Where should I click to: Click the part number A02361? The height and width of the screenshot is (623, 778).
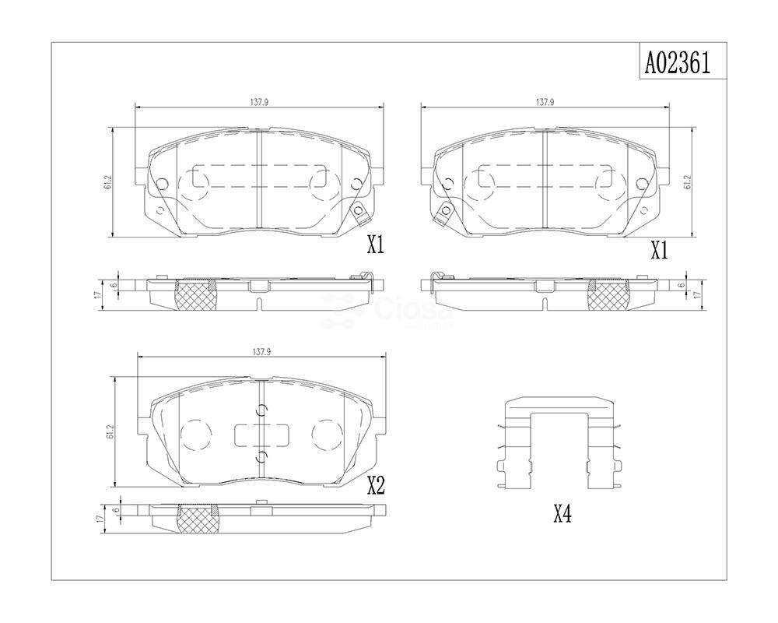[x=678, y=63]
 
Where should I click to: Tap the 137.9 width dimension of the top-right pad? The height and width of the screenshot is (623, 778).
[x=545, y=102]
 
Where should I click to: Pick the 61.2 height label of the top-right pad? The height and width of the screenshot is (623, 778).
[x=687, y=181]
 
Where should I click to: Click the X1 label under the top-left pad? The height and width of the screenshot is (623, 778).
[x=376, y=245]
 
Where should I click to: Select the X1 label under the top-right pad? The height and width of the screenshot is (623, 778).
[x=660, y=252]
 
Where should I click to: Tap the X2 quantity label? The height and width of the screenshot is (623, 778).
[x=376, y=486]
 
